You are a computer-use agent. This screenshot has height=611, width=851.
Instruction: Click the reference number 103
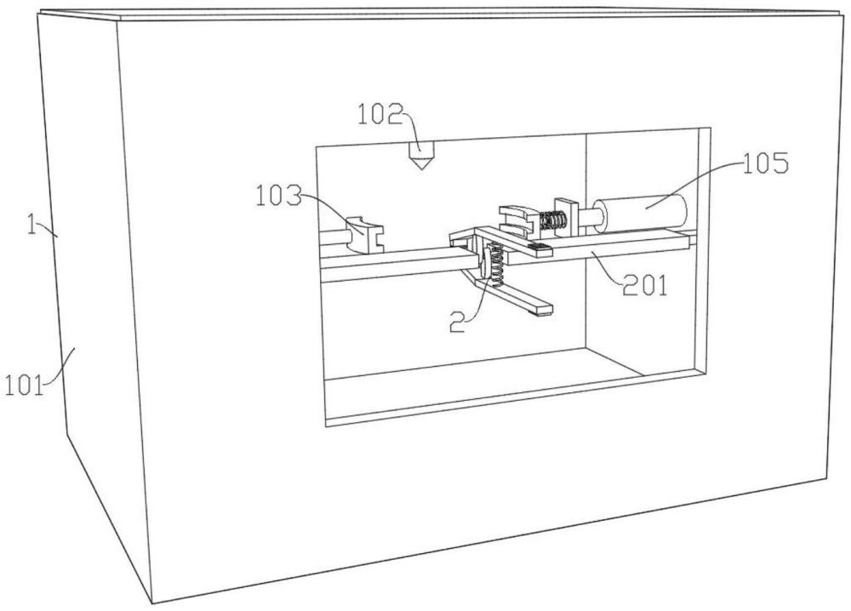pos(278,196)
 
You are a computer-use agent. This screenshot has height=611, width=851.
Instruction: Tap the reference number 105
pos(765,163)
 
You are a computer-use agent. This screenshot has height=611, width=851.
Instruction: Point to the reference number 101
pos(24,386)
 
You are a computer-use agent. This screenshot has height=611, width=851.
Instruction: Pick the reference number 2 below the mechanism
pos(458,321)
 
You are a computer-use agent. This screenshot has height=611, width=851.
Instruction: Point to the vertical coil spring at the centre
pos(496,265)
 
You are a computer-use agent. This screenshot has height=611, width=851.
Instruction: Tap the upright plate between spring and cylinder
pos(568,217)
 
